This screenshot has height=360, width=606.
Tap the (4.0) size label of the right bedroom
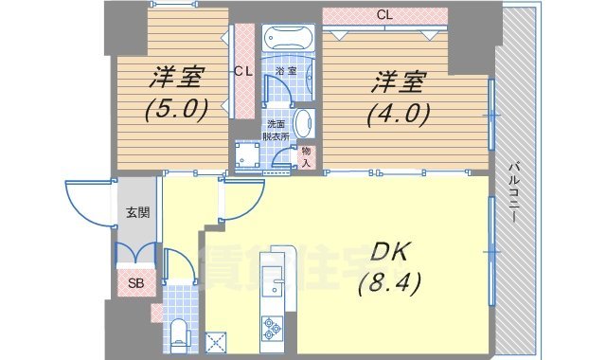pos(398,114)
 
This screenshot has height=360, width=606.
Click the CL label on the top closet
pos(383,15)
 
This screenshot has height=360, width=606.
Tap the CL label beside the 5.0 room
pos(243,72)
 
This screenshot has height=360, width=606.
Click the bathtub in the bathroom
pos(292,39)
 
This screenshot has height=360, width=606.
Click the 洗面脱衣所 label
pos(276,129)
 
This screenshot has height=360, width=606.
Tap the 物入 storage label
pos(306,156)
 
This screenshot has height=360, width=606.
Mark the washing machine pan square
pos(249,156)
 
